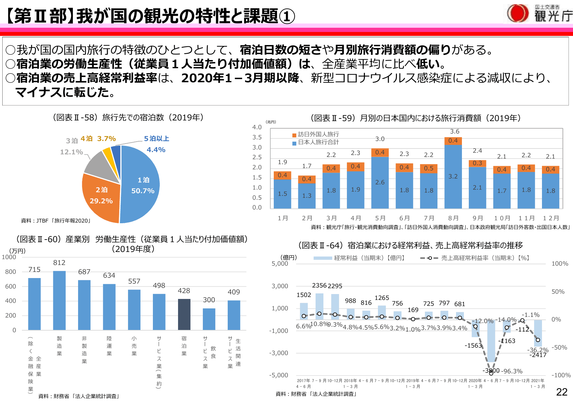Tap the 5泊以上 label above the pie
[156, 139]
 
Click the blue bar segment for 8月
[453, 176]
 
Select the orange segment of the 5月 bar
[380, 152]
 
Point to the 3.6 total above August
[454, 132]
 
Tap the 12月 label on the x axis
[551, 218]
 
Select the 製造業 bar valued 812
[59, 300]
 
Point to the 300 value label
[209, 300]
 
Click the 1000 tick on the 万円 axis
[9, 257]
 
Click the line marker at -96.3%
[491, 373]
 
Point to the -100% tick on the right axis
[561, 375]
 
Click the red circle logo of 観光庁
[517, 14]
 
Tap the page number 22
[562, 392]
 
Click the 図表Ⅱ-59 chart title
[416, 118]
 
